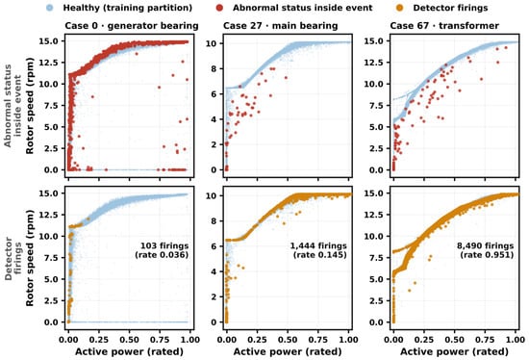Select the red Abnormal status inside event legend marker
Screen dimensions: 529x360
click(219, 8)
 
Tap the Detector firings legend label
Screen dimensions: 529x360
click(450, 8)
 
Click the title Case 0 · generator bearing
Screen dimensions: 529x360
click(132, 26)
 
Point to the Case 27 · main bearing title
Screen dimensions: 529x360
click(280, 26)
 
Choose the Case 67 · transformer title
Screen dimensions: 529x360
click(444, 26)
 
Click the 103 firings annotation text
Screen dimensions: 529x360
click(164, 245)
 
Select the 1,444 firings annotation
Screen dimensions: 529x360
click(318, 245)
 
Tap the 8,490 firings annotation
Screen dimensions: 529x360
click(485, 245)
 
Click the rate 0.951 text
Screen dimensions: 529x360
click(487, 255)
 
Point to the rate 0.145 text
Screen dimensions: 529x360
click(320, 255)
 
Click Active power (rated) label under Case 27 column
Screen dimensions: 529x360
click(288, 352)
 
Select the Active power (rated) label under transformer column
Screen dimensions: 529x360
click(454, 352)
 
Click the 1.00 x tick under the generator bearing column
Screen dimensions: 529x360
click(189, 339)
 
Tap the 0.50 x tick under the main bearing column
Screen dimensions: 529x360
click(288, 339)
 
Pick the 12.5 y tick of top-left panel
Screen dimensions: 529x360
click(50, 63)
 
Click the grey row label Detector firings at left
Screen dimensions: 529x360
click(13, 259)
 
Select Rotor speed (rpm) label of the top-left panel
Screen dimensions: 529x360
click(30, 106)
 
